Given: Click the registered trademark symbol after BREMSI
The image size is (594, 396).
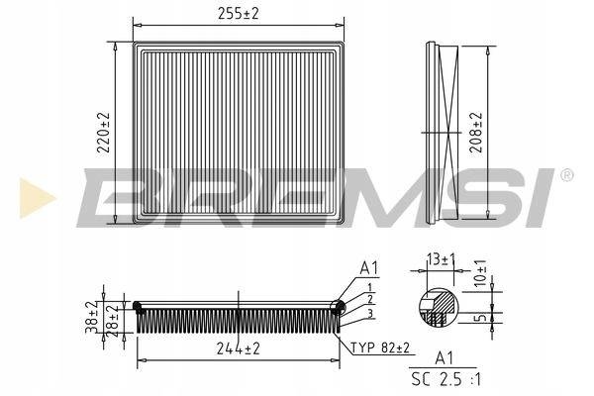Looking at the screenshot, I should (x=566, y=175).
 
